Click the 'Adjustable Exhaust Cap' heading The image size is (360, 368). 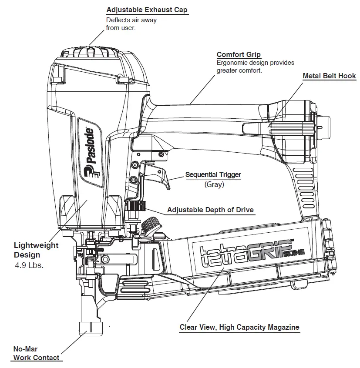pos(147,10)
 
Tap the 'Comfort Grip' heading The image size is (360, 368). pos(239,54)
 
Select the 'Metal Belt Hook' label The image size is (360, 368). pos(329,76)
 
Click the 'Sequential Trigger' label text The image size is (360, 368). pos(213,175)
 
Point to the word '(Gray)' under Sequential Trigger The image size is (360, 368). pos(214,184)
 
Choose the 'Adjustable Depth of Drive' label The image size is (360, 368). pos(210,210)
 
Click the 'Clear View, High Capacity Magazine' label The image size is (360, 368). pos(239,327)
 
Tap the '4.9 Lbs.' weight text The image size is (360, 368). pos(29,265)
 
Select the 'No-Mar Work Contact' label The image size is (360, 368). pos(36,353)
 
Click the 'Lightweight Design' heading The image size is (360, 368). pos(36,250)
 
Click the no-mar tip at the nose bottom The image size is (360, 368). pos(90,328)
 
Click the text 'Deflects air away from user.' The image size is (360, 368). pos(131,24)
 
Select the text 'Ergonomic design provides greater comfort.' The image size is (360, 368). pos(255,67)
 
